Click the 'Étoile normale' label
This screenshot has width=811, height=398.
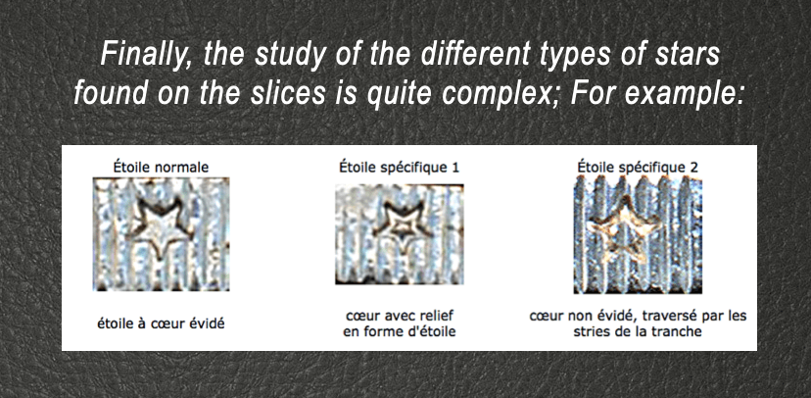point(162,168)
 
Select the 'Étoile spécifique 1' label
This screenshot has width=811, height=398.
point(399,168)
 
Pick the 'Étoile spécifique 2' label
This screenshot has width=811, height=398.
point(638,168)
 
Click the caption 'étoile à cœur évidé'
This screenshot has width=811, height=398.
point(161,324)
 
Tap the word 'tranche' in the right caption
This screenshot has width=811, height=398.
point(681,331)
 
